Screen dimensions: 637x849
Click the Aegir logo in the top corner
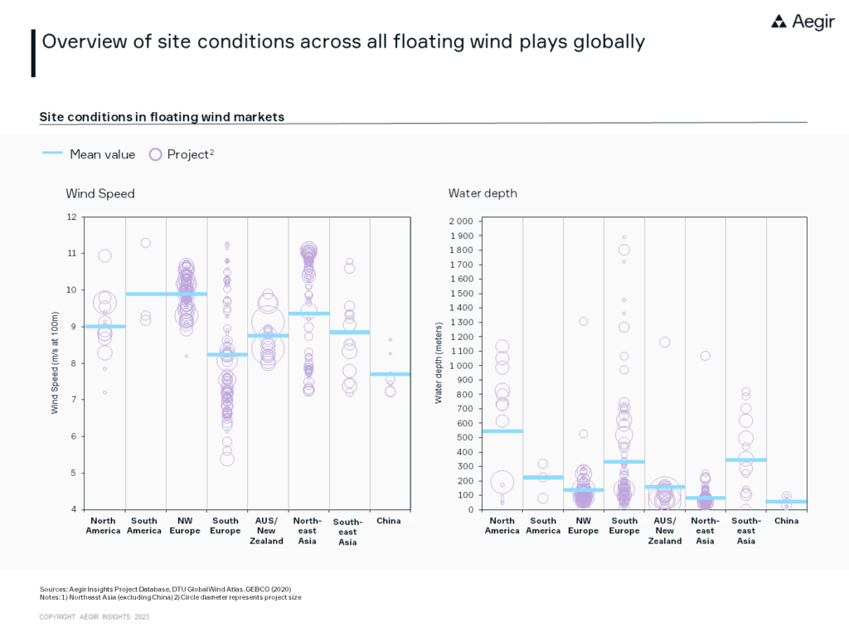pyautogui.click(x=803, y=22)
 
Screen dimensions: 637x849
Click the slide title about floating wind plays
pyautogui.click(x=342, y=41)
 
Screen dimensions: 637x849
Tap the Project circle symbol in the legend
pyautogui.click(x=155, y=154)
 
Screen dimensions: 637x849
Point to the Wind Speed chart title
pyautogui.click(x=100, y=193)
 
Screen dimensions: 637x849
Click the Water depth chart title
pyautogui.click(x=483, y=193)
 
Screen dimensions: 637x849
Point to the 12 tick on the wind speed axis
pyautogui.click(x=71, y=217)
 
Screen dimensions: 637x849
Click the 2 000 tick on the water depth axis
pyautogui.click(x=460, y=221)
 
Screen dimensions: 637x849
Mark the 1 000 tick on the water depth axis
pyautogui.click(x=460, y=366)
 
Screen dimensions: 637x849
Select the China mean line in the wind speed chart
pyautogui.click(x=390, y=374)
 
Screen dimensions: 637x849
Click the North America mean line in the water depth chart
pyautogui.click(x=502, y=431)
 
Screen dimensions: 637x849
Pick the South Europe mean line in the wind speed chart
pyautogui.click(x=227, y=355)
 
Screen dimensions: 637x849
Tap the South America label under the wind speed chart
pyautogui.click(x=144, y=526)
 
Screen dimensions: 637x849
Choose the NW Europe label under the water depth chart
pyautogui.click(x=584, y=526)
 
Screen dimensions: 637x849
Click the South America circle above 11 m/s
pyautogui.click(x=145, y=243)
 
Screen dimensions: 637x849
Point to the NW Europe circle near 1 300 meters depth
pyautogui.click(x=584, y=321)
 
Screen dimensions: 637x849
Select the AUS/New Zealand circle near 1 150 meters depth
pyautogui.click(x=664, y=342)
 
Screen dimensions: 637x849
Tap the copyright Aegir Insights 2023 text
pyautogui.click(x=95, y=617)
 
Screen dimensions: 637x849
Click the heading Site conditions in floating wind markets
pyautogui.click(x=162, y=117)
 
